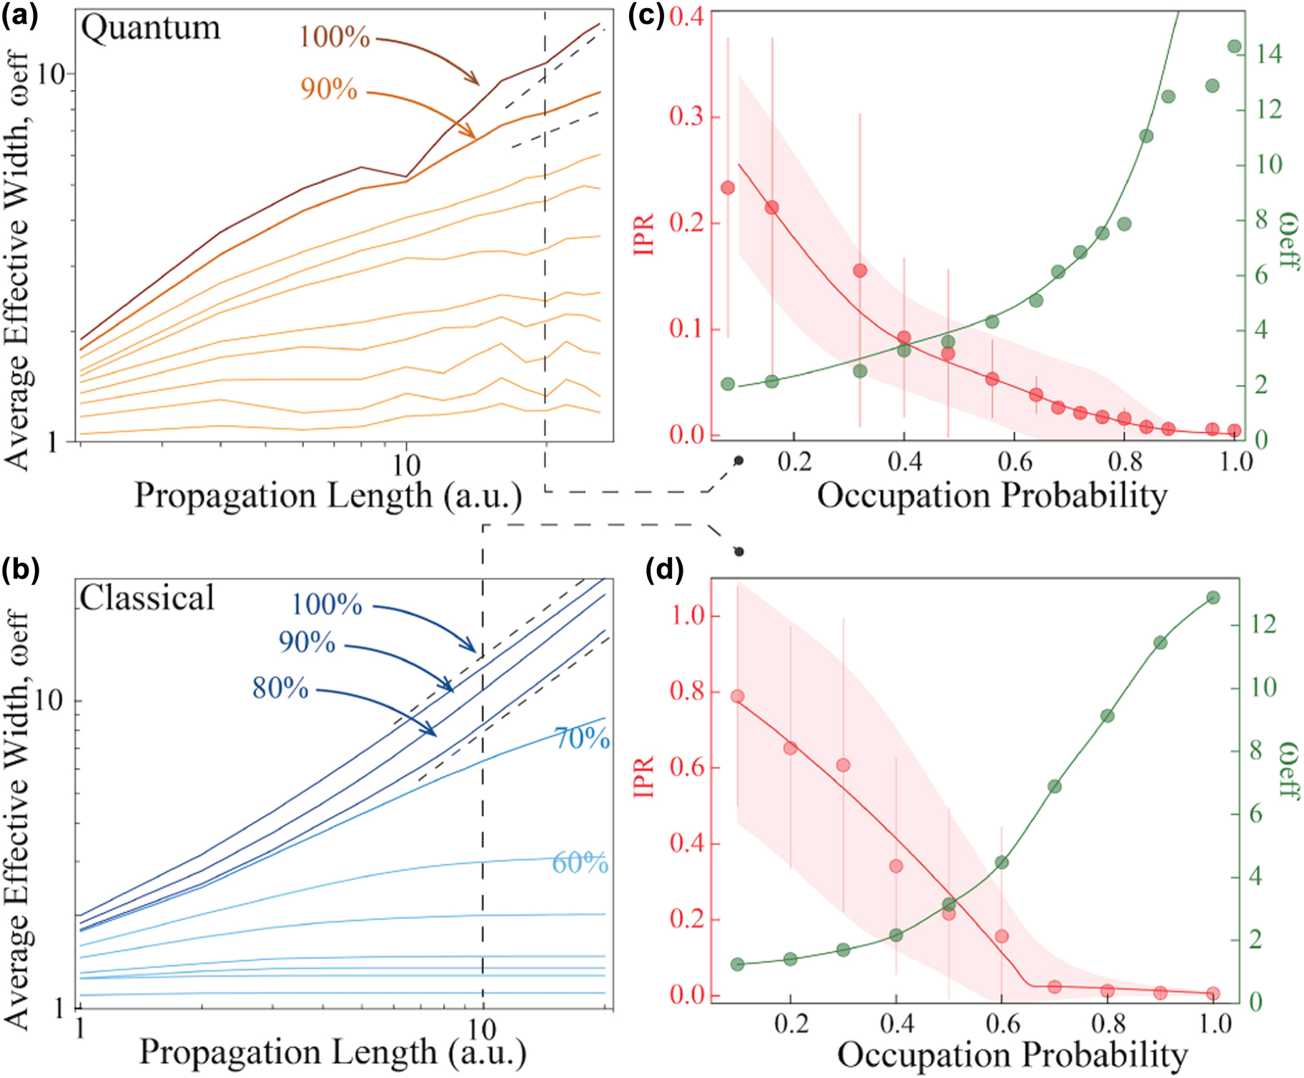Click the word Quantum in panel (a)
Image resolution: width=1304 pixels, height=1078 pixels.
(x=150, y=29)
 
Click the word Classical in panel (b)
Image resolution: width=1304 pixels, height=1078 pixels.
(x=147, y=598)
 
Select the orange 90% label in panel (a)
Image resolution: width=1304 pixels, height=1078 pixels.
(x=329, y=89)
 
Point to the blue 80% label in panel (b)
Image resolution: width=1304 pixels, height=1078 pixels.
(x=280, y=688)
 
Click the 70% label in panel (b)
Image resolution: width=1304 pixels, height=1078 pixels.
(x=582, y=738)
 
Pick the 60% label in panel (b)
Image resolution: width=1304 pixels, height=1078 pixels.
(x=580, y=863)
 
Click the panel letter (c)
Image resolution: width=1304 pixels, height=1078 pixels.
(x=646, y=15)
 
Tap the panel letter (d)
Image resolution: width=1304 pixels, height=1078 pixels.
(x=664, y=569)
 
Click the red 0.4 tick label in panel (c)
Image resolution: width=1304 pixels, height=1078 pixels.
(x=687, y=16)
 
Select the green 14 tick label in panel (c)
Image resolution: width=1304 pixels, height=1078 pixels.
(x=1269, y=54)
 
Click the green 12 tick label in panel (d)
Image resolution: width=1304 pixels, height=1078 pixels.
(x=1263, y=624)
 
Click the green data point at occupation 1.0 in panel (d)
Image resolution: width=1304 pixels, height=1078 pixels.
(x=1212, y=597)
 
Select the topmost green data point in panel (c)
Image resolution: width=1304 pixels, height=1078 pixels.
(x=1234, y=46)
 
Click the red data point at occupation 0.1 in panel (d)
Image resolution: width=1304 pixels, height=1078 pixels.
(x=738, y=696)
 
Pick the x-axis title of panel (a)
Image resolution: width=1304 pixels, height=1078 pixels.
(x=329, y=496)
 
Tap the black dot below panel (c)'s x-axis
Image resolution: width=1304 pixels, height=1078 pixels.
(x=739, y=461)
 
